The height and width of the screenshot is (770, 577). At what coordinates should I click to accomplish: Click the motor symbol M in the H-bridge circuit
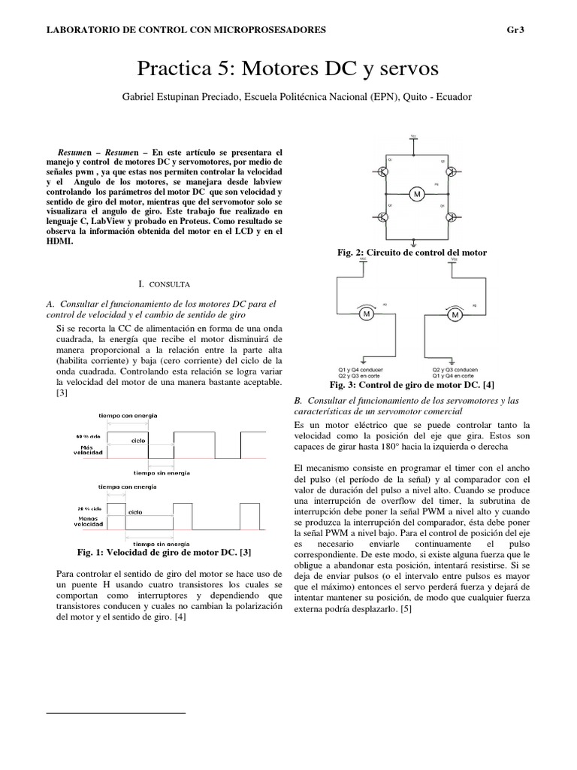coord(416,195)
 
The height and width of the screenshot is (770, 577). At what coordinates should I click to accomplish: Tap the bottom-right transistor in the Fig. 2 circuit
coord(451,218)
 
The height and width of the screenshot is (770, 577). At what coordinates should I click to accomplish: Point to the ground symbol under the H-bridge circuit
coord(416,242)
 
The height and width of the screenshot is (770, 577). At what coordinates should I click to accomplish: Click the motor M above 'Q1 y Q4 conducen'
coord(368,315)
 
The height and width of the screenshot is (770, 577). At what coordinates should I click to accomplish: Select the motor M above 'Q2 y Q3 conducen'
coord(455,315)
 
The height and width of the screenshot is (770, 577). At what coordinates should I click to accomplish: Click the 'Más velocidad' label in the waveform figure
coord(85,450)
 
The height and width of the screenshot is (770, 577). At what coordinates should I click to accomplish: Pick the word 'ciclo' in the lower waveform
coord(135,512)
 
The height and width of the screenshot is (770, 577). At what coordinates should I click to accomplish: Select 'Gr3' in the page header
coord(518,30)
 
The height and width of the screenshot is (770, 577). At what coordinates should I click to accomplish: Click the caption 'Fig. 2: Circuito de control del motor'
coord(412,253)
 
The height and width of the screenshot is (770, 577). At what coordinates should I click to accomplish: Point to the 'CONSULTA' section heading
coord(172,286)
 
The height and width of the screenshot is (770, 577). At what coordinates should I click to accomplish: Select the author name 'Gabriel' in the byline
coord(140,97)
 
